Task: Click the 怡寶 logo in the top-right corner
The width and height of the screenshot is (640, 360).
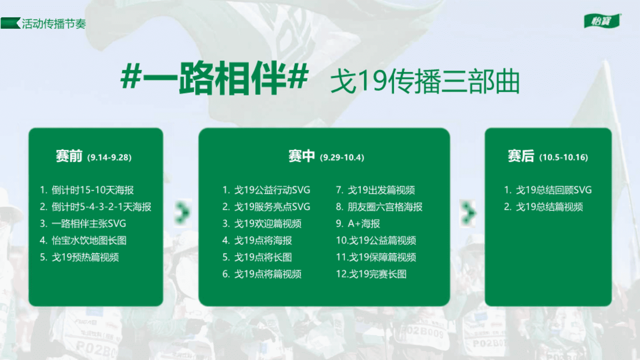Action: pos(602,21)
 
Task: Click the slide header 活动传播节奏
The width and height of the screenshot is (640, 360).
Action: pos(54,24)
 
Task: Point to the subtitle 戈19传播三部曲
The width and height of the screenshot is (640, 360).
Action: pos(425,81)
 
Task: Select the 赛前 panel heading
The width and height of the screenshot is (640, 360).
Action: pos(69,156)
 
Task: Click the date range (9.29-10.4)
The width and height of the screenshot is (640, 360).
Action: pos(342,157)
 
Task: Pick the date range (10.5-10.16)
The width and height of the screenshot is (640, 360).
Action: pos(564,157)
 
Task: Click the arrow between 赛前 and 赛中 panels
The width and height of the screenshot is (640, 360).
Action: pos(182,212)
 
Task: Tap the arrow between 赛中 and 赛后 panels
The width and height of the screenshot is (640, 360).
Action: pos(468,213)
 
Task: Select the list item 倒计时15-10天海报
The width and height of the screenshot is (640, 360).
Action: pos(93,190)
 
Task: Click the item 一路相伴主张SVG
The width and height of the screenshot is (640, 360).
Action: pos(89,223)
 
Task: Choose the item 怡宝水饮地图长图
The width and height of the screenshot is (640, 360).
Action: pos(89,240)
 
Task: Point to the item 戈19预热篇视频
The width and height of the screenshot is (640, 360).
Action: pos(85,257)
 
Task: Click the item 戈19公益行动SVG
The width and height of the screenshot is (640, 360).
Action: pos(272,190)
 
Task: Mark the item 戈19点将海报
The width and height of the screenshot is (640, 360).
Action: pos(263,240)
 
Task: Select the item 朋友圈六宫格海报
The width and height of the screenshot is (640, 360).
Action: pos(385,207)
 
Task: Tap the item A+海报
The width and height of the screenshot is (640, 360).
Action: pos(364,223)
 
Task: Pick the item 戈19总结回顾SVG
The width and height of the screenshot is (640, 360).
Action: pos(554,190)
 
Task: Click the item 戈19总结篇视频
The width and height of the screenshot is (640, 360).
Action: pos(549,207)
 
